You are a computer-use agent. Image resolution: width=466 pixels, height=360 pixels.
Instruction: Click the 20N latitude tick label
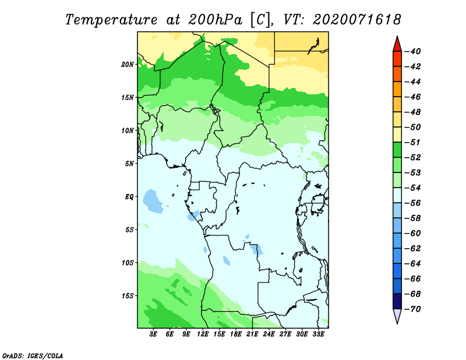click(128, 64)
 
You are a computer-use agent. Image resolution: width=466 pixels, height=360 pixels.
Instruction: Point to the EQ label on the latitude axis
click(129, 196)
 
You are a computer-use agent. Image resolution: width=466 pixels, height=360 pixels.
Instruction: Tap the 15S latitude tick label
click(128, 296)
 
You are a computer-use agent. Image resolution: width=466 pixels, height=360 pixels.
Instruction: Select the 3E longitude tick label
click(153, 334)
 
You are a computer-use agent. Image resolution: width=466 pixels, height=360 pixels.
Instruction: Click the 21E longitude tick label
click(252, 334)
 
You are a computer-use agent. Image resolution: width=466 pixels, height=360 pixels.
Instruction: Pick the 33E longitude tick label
click(318, 334)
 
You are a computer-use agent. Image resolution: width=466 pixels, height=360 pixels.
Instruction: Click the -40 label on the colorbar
click(412, 51)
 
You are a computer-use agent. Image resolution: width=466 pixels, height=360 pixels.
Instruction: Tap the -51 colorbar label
click(412, 142)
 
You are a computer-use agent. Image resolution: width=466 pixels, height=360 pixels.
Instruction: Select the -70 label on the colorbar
click(412, 309)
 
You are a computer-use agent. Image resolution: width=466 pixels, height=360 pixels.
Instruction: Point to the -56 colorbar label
click(412, 203)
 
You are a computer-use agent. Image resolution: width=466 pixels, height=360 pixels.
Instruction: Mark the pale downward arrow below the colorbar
click(397, 316)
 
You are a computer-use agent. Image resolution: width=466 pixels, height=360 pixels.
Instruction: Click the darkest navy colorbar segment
click(397, 301)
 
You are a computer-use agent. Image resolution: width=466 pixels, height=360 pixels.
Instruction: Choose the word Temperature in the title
click(111, 20)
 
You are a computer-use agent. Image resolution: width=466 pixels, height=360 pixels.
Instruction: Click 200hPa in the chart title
click(215, 20)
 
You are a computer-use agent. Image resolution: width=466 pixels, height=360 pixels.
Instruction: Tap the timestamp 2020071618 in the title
click(357, 20)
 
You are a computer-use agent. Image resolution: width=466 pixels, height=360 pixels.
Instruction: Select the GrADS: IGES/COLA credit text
click(33, 355)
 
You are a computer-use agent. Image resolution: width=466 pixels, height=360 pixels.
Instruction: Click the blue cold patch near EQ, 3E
click(153, 201)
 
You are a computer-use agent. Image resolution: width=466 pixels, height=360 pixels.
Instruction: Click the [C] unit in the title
click(260, 20)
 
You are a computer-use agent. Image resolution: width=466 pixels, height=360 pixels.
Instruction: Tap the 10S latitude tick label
click(128, 263)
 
